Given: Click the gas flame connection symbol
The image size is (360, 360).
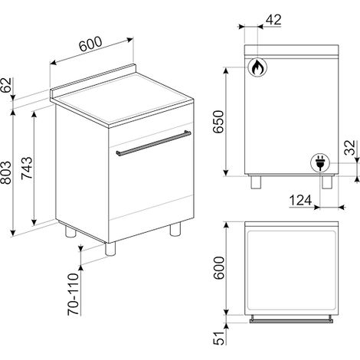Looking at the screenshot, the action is coord(257,67).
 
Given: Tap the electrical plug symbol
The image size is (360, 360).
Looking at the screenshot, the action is coord(320,163).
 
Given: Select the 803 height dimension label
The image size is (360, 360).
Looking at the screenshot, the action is coord(6,172).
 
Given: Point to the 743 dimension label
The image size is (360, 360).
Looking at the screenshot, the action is coord(27,168).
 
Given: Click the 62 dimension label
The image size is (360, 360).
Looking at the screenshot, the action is coord(6,85).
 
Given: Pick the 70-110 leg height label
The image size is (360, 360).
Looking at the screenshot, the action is coord(74,294).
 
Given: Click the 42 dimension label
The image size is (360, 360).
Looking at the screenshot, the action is coord(273,20).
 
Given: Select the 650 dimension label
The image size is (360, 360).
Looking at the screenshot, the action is coord(219,122).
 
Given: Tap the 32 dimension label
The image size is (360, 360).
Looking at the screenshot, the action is coord(350,148).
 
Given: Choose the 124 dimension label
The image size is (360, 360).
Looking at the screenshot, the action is coord(300,200).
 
